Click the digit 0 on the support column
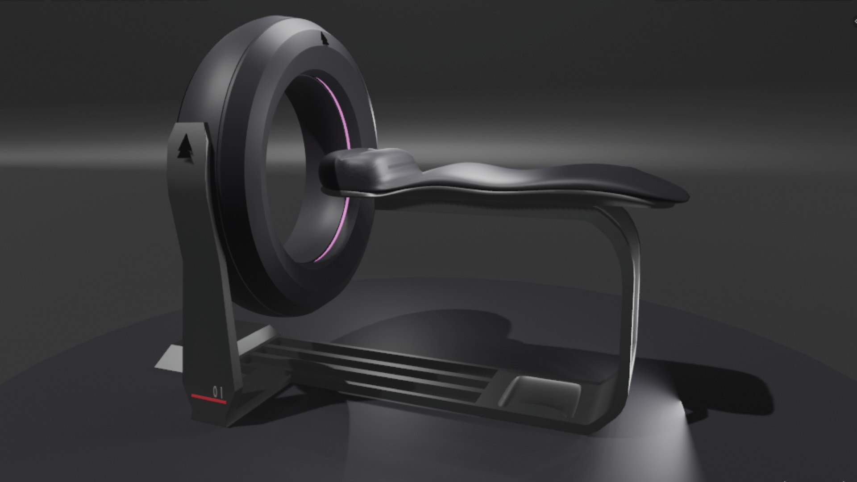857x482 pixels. [x=215, y=392]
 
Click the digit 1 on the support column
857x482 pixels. [x=221, y=392]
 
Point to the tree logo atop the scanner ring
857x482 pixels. [x=324, y=39]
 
